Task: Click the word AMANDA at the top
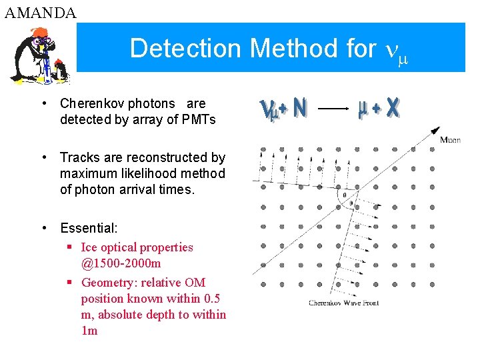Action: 40,12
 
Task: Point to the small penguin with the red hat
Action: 61,67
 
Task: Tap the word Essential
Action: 88,228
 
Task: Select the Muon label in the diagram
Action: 450,139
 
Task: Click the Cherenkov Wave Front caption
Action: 343,303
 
